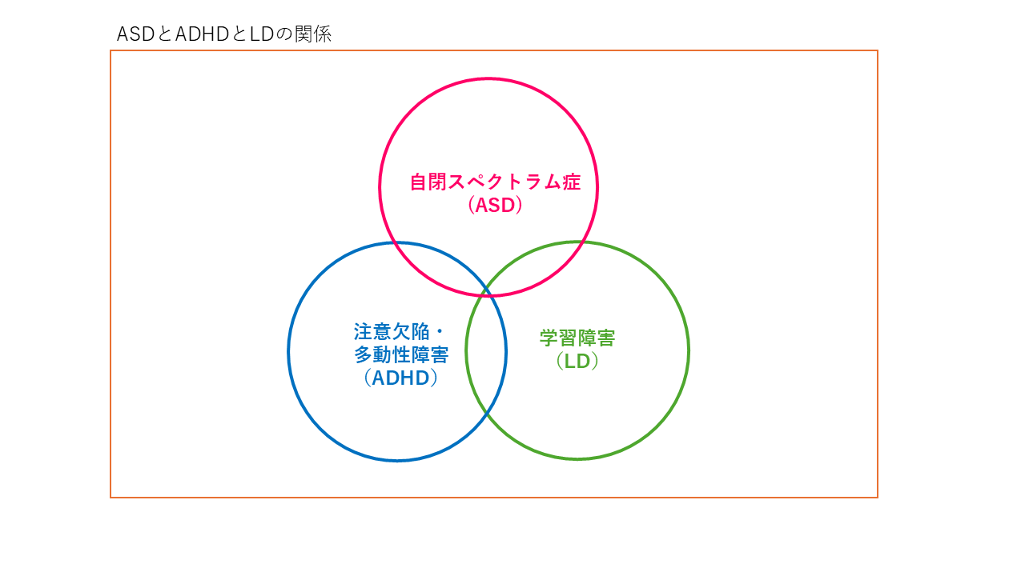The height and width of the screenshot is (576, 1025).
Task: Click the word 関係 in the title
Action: (x=313, y=34)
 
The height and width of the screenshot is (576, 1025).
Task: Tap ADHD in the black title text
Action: (x=203, y=34)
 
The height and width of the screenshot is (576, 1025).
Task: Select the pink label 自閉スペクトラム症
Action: (x=495, y=182)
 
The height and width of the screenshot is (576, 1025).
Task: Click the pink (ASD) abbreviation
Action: (x=495, y=205)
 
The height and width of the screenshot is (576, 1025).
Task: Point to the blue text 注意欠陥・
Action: (x=399, y=331)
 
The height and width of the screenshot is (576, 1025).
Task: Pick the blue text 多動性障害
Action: (x=401, y=354)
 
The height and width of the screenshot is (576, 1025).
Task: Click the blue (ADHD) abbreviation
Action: (x=401, y=378)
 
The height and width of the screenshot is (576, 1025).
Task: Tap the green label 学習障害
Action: (x=577, y=338)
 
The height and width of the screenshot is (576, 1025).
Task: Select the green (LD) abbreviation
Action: (x=577, y=361)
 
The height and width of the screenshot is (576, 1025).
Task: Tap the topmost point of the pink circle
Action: (x=488, y=79)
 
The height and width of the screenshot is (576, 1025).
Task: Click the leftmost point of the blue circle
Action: (x=289, y=351)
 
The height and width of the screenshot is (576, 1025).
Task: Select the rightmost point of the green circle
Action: (x=688, y=350)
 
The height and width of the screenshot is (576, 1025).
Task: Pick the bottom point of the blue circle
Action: (x=397, y=460)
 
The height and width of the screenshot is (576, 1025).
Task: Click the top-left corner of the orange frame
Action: (x=111, y=50)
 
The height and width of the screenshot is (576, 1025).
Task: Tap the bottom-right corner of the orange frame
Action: (x=877, y=497)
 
